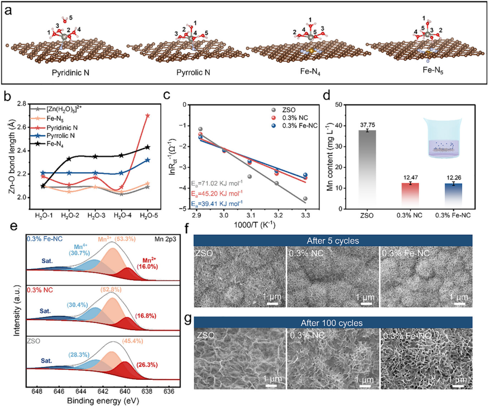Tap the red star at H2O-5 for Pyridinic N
point(148,115)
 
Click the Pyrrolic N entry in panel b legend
point(69,136)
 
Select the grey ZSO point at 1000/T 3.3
point(305,198)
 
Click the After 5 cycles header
point(333,240)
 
